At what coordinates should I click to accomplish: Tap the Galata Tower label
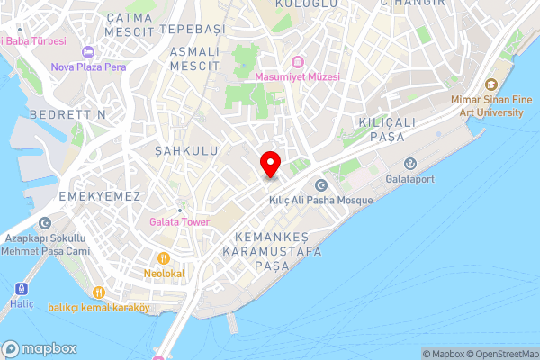pos(179,222)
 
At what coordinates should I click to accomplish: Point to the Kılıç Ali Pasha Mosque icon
pos(320,184)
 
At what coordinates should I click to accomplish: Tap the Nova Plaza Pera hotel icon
pos(87,50)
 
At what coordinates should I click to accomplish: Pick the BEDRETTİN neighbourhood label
pos(62,115)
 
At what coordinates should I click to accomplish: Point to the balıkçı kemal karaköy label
pos(99,308)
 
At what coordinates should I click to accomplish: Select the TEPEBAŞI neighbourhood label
pos(191,30)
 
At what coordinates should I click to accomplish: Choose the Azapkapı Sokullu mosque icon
pos(45,223)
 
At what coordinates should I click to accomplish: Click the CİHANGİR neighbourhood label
pos(414,3)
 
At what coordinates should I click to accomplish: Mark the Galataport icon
pos(410,163)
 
